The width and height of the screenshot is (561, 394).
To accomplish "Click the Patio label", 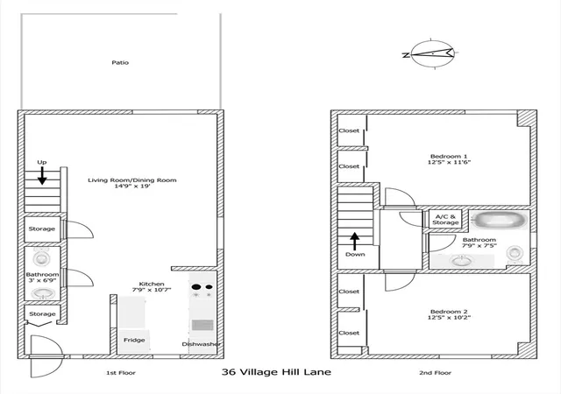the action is point(120,62).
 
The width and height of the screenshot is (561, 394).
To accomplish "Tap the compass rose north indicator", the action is point(406,55).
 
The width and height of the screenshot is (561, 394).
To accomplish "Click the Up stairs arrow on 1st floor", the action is point(42,176).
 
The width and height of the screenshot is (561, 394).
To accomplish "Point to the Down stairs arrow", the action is point(354,242).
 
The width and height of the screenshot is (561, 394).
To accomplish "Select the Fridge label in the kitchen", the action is point(134,340).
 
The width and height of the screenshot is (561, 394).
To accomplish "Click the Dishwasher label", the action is point(201,344).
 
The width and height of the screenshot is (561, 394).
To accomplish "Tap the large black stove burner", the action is point(196,286).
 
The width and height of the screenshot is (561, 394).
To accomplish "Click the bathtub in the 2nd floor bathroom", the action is point(499,220).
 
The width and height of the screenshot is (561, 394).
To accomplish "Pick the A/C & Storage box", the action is point(445,219).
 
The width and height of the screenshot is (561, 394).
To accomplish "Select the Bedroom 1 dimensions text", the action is point(449,162).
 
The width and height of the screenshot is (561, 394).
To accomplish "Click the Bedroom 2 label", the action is point(449,312).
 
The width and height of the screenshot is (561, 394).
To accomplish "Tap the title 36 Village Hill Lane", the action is point(276,372).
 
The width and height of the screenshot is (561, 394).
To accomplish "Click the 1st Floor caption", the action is point(121,373).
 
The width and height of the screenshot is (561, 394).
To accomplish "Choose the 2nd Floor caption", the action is point(435,373).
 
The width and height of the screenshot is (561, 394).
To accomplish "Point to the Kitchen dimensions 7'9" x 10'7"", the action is point(152,290).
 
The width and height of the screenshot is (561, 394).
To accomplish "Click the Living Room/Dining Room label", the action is point(132,180).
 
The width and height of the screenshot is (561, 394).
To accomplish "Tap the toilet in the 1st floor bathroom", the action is point(41,257).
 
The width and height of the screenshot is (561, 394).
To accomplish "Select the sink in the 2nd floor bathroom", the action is point(462,261).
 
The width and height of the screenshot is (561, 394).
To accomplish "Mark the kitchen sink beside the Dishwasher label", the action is point(202,325).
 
